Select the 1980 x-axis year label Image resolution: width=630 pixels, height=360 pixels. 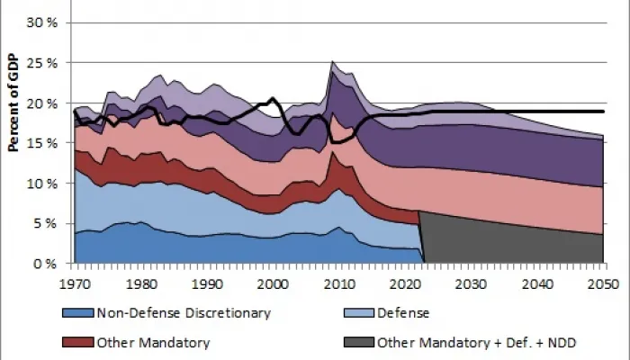139,283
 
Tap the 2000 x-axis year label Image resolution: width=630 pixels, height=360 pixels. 272,283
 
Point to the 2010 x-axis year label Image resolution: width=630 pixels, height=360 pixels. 337,283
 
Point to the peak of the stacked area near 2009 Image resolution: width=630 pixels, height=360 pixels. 332,62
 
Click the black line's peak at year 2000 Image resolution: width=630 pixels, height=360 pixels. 272,98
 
